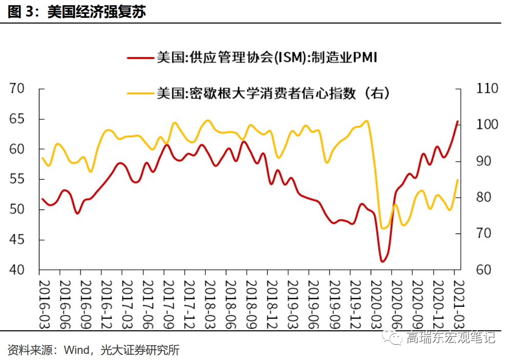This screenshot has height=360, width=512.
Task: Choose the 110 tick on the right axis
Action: pyautogui.click(x=487, y=89)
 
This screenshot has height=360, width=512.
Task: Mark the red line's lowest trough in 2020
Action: pyautogui.click(x=382, y=261)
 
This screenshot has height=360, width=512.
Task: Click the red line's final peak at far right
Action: pyautogui.click(x=457, y=121)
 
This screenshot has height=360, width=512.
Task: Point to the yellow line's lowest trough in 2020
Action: pyautogui.click(x=382, y=228)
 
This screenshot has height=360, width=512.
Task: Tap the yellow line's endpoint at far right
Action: pyautogui.click(x=457, y=180)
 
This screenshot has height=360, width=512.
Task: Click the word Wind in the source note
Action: pyautogui.click(x=76, y=351)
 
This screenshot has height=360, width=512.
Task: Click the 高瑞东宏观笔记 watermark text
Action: pyautogui.click(x=451, y=337)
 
